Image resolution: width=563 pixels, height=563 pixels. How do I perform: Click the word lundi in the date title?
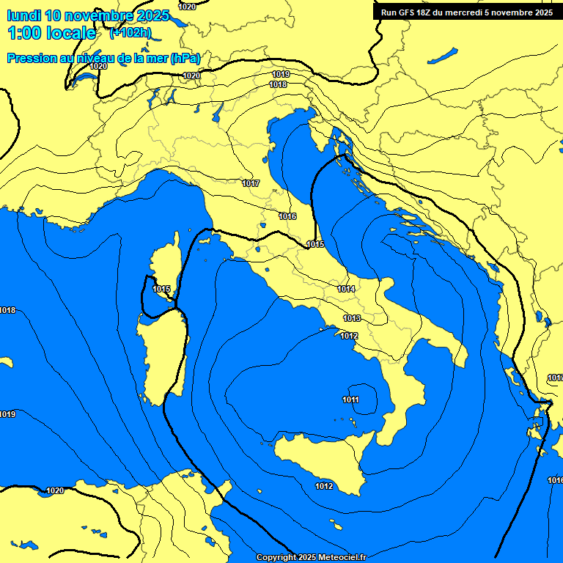pyautogui.click(x=23, y=15)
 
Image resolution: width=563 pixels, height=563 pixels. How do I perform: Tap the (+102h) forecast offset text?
pyautogui.click(x=130, y=33)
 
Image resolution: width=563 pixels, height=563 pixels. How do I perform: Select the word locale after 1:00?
pyautogui.click(x=70, y=33)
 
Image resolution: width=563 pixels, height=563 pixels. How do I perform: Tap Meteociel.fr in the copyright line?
pyautogui.click(x=337, y=558)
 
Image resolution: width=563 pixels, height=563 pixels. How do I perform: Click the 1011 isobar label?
pyautogui.click(x=350, y=400)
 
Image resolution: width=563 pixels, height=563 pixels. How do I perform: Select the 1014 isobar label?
pyautogui.click(x=346, y=289)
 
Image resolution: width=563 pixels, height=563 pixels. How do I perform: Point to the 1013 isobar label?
pyautogui.click(x=352, y=318)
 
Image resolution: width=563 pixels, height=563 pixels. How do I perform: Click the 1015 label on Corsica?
pyautogui.click(x=161, y=289)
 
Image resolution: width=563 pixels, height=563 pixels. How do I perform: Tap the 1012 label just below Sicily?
pyautogui.click(x=324, y=486)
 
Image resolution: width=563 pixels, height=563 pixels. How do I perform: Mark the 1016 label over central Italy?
pyautogui.click(x=287, y=216)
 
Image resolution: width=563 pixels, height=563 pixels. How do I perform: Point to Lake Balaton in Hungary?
pyautogui.click(x=443, y=56)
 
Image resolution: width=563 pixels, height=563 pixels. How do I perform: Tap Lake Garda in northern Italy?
pyautogui.click(x=218, y=111)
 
